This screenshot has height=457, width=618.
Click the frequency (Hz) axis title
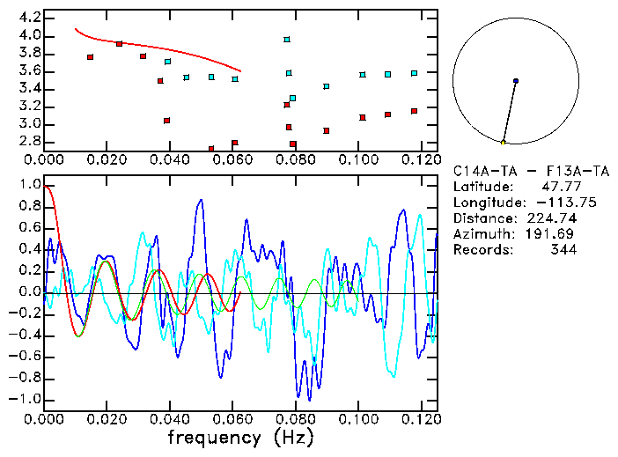pyautogui.click(x=240, y=437)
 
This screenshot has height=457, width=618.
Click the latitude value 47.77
pyautogui.click(x=556, y=187)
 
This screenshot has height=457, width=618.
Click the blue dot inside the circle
pyautogui.click(x=515, y=81)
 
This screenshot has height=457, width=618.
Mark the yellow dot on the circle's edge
pyautogui.click(x=503, y=142)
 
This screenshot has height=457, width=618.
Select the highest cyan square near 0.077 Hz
pyautogui.click(x=287, y=40)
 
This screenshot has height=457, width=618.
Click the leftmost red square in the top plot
pyautogui.click(x=90, y=57)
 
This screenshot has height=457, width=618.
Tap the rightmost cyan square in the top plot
pyautogui.click(x=414, y=73)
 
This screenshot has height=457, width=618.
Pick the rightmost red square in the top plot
pyautogui.click(x=414, y=111)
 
